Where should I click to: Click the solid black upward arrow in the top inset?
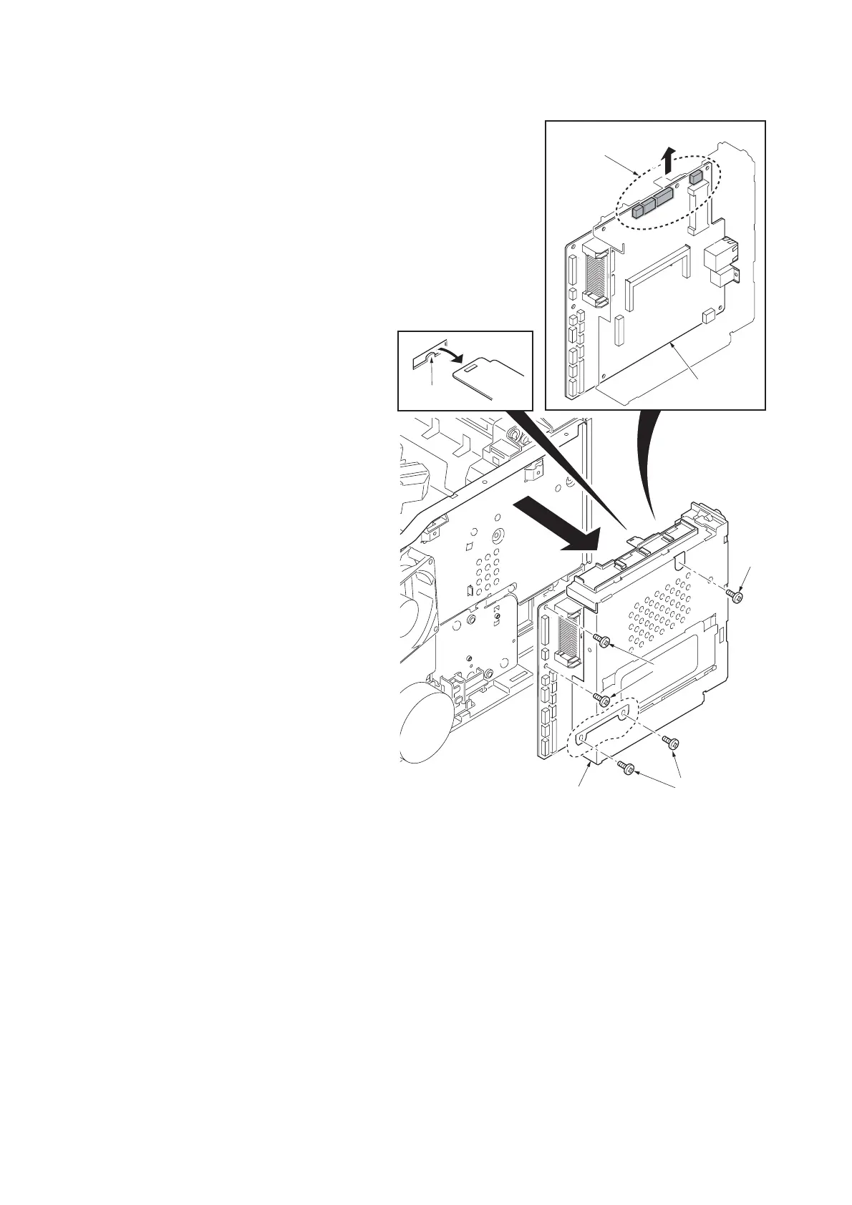668,159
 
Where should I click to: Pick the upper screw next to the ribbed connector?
604,640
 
